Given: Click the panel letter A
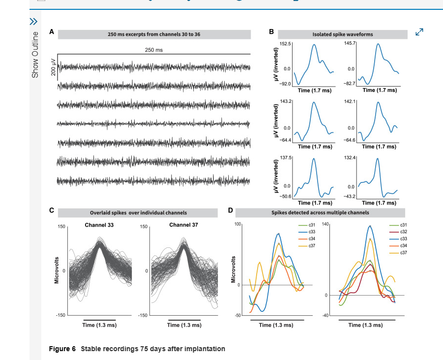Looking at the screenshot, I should (x=52, y=31).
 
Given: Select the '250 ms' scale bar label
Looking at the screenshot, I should (x=154, y=50).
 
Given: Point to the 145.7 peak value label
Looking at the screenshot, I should (x=350, y=44).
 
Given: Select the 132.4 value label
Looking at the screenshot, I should (x=350, y=157).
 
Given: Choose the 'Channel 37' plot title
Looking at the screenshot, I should (x=184, y=225).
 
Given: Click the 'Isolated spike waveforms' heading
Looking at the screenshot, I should (x=343, y=34).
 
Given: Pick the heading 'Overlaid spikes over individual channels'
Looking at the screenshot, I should (x=138, y=213).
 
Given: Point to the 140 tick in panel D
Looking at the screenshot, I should (x=325, y=224).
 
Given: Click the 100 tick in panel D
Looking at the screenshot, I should (x=237, y=224).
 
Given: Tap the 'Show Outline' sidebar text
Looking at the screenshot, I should (x=35, y=54).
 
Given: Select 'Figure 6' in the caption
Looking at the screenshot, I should (x=62, y=349).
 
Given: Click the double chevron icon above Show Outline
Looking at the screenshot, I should (x=33, y=21).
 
